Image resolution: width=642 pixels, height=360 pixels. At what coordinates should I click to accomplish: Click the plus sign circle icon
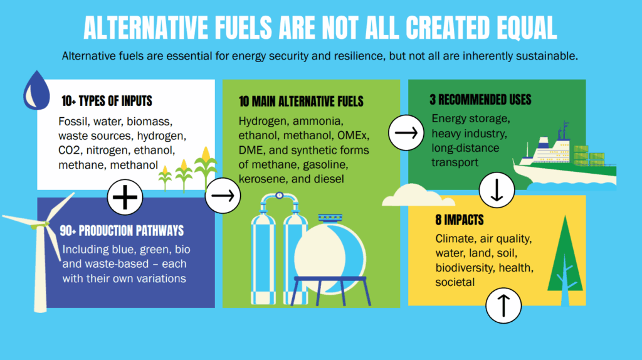(x=125, y=197)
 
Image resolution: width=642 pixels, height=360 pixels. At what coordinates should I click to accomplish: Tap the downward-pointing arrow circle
(x=497, y=190)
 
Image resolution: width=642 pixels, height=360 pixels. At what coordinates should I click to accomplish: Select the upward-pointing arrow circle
(x=503, y=305)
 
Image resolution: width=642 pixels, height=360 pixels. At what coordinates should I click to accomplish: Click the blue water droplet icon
(x=36, y=90)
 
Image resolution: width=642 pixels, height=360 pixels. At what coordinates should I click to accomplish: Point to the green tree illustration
(x=566, y=261)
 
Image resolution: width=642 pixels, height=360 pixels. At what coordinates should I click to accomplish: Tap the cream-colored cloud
(x=418, y=195)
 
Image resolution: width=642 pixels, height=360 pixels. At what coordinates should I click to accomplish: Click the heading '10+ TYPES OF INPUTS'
(x=107, y=101)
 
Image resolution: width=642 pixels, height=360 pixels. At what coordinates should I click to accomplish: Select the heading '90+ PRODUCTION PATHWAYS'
(x=122, y=231)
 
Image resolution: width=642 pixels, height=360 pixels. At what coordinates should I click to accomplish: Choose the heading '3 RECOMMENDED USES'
(x=480, y=100)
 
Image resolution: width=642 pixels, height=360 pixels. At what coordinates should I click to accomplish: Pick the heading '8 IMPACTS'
(x=460, y=220)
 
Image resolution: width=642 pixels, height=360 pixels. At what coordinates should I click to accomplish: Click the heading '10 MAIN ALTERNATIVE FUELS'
(x=301, y=102)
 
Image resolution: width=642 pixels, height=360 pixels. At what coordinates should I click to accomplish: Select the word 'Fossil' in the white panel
(x=73, y=122)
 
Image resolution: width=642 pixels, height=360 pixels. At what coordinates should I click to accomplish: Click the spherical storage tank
(x=330, y=257)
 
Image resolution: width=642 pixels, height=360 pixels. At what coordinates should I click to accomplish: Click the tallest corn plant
(x=206, y=168)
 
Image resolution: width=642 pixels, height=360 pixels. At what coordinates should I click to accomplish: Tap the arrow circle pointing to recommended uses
(x=406, y=133)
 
